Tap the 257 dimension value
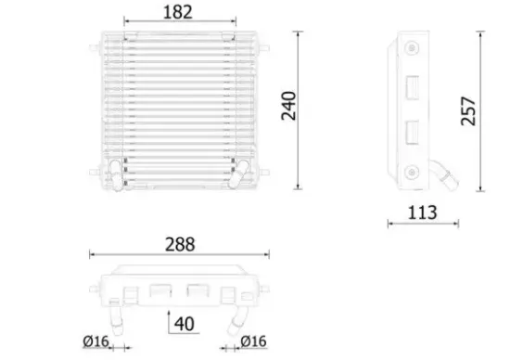469,109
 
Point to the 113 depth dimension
422,212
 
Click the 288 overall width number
180,244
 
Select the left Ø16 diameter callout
96,342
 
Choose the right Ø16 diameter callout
254,342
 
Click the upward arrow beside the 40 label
167,321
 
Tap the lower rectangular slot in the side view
412,132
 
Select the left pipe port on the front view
115,172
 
